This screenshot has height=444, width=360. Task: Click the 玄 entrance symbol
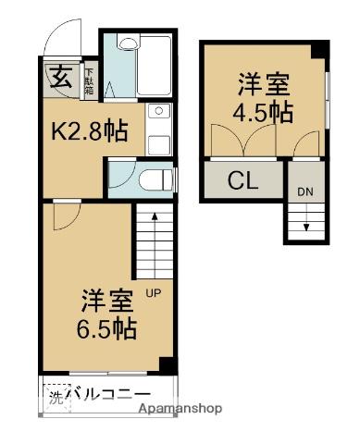point(58,75)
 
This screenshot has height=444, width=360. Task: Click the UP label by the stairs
point(152,295)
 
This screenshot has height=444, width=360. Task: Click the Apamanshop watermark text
point(180,408)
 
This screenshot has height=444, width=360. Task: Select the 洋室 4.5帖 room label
point(263,99)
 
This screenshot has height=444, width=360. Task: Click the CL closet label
point(242,179)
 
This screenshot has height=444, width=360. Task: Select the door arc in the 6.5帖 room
point(63,217)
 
